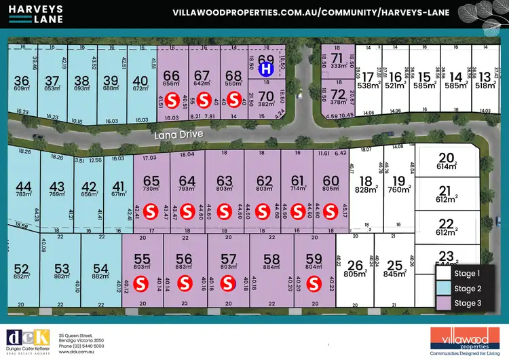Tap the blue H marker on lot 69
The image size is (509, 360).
coord(267,69)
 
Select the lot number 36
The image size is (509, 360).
coord(22,80)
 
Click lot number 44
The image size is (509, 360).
coord(24,186)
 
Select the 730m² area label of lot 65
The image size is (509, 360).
coord(151,189)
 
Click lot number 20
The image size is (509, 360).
coord(446,158)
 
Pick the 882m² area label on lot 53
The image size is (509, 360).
coord(62,276)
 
